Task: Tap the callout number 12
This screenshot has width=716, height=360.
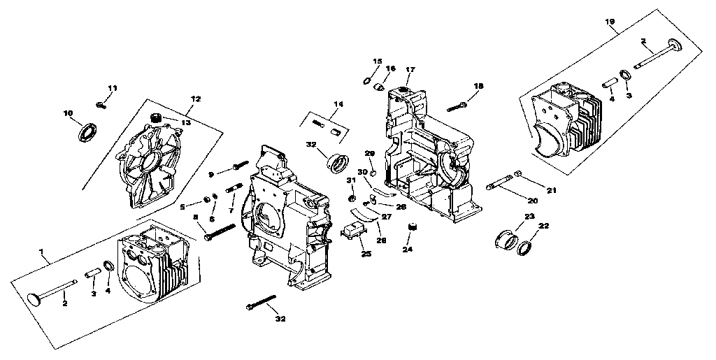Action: click(196, 100)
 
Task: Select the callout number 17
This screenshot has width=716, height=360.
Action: click(410, 69)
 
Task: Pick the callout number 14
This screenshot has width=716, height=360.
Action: click(338, 104)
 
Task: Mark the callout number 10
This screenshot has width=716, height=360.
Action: click(68, 113)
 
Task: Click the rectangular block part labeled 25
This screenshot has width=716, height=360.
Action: click(353, 229)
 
